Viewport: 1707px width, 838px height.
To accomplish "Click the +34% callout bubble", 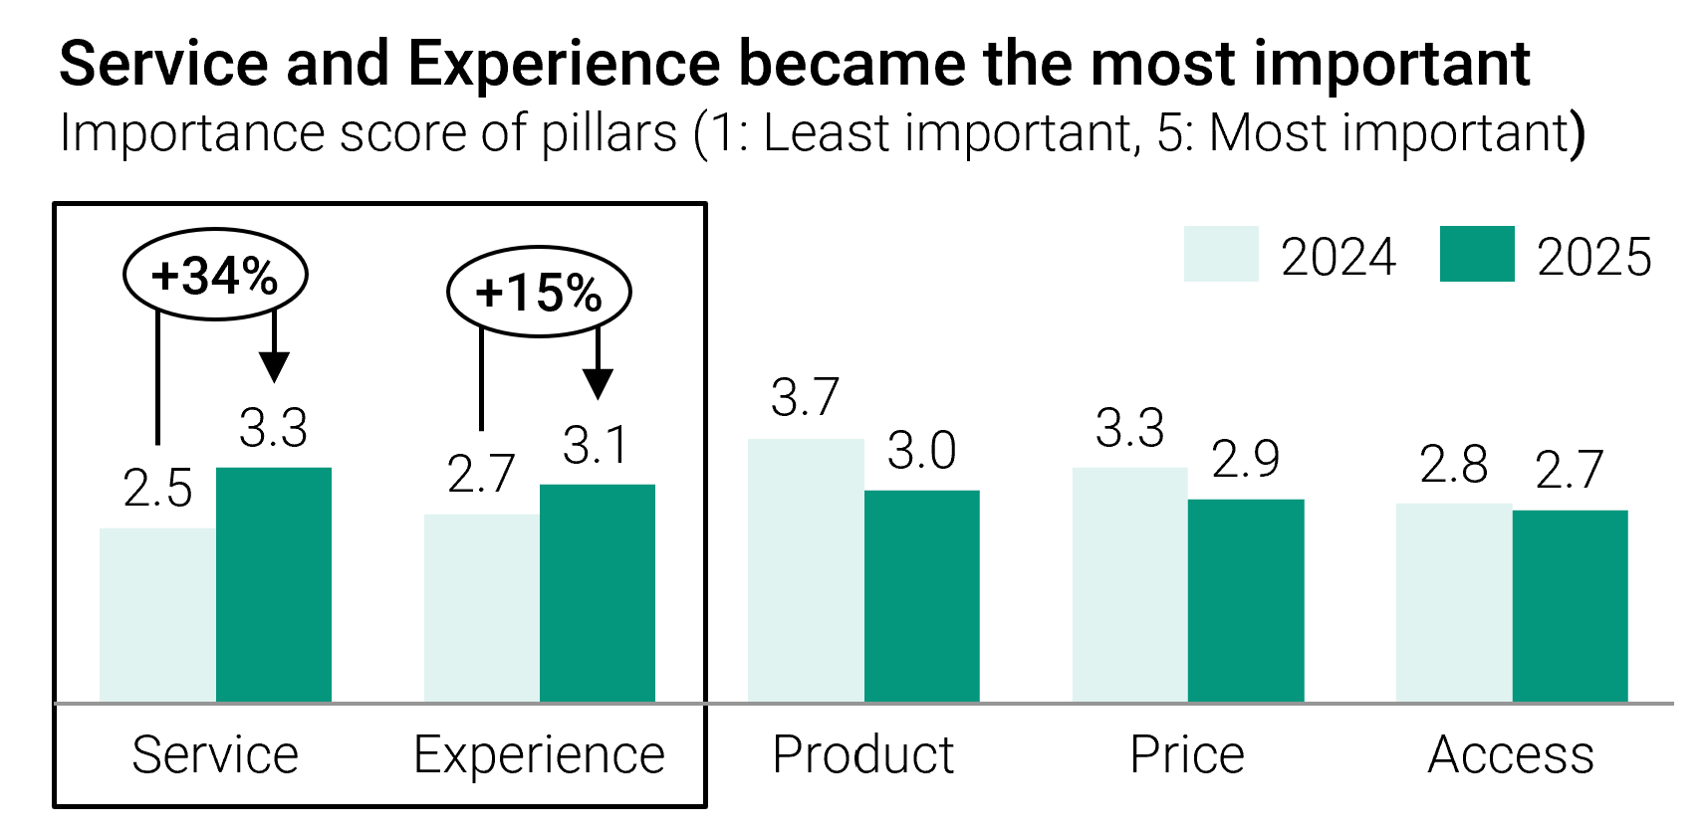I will [215, 275].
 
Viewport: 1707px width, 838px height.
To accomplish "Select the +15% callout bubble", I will [539, 293].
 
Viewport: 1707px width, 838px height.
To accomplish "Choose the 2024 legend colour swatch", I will [1221, 254].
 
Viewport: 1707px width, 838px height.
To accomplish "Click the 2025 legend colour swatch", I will [1477, 254].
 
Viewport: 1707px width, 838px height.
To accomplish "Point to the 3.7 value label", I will [806, 398].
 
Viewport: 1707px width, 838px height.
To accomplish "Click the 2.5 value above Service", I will [157, 489].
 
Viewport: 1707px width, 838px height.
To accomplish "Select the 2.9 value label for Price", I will [1246, 459].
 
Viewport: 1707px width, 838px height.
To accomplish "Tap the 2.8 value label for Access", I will [1454, 465].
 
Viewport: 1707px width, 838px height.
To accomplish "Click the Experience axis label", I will [539, 755].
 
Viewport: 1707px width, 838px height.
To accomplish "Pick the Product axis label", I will [863, 754].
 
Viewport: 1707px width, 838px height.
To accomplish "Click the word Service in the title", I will [164, 64].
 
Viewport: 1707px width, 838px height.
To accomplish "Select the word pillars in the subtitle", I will [609, 133].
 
